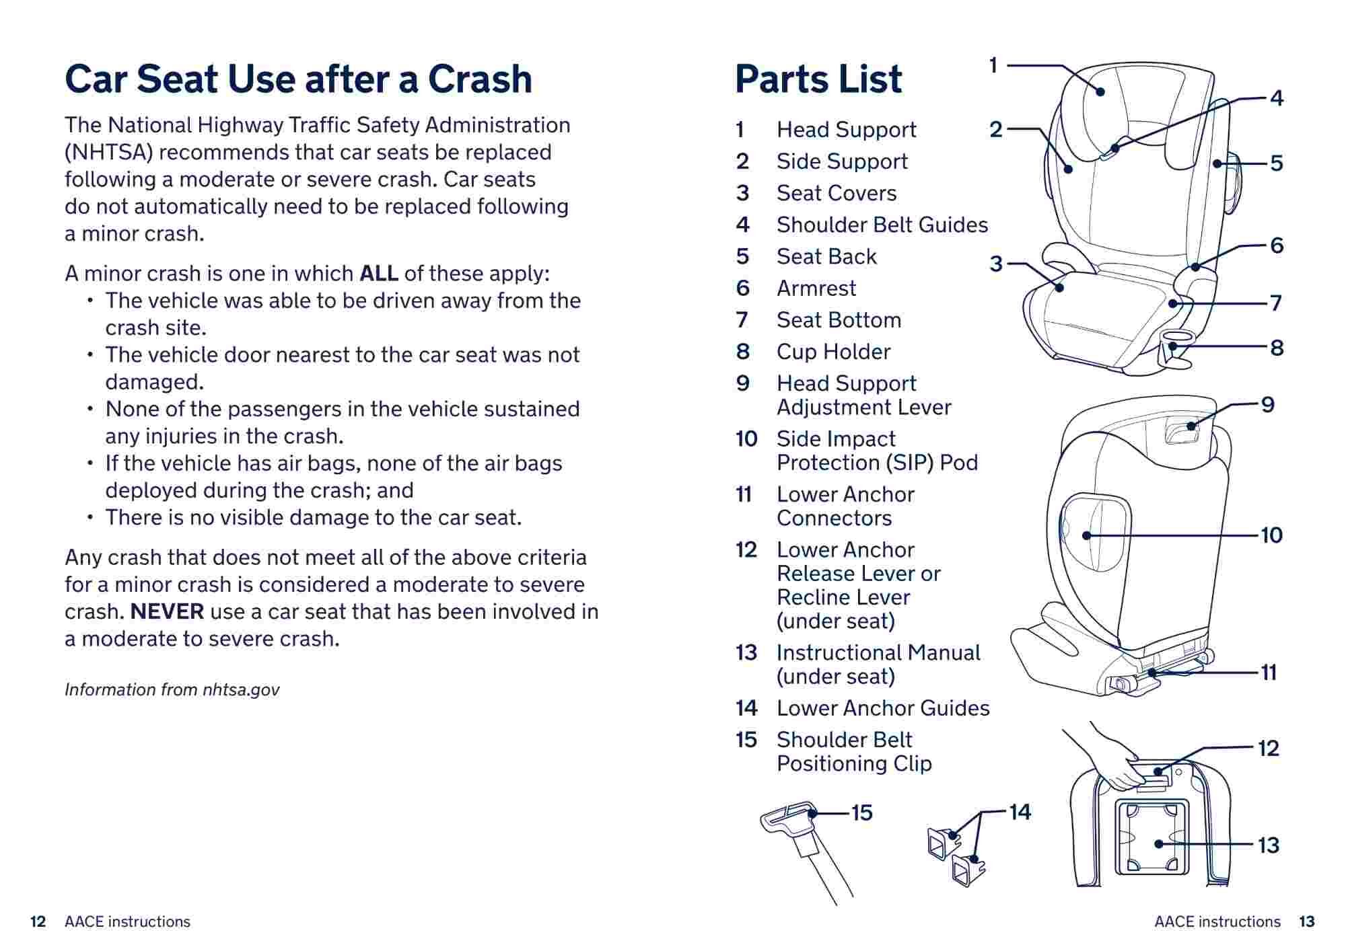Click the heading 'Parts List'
click(818, 79)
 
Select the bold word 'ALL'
click(379, 274)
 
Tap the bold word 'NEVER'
click(167, 612)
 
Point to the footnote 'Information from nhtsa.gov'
click(172, 689)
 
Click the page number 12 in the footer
click(38, 921)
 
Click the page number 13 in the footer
click(1307, 921)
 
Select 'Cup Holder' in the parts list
click(833, 352)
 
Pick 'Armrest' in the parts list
click(816, 289)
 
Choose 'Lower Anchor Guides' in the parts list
click(883, 708)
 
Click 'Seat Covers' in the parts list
click(837, 194)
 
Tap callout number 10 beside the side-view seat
click(1271, 535)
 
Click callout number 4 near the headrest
click(1277, 98)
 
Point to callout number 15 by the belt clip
click(862, 812)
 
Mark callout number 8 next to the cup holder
click(1277, 348)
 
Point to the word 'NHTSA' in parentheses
click(109, 153)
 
